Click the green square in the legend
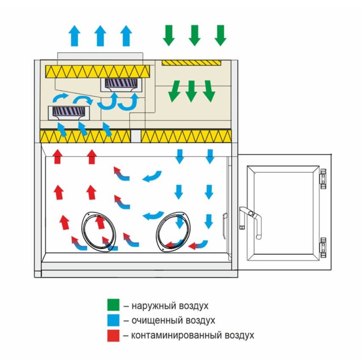coord(113,304)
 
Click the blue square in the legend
coord(113,320)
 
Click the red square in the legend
coord(113,335)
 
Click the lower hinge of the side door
coord(323,248)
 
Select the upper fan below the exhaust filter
coord(121,85)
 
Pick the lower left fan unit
coord(69,113)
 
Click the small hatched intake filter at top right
coord(191,63)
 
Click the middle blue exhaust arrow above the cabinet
coord(100,36)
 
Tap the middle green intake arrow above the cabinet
coord(194,35)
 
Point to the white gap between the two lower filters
coord(136,136)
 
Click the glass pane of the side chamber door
coord(283,213)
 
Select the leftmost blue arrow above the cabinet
coord(74,36)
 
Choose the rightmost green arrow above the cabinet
coord(220,35)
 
